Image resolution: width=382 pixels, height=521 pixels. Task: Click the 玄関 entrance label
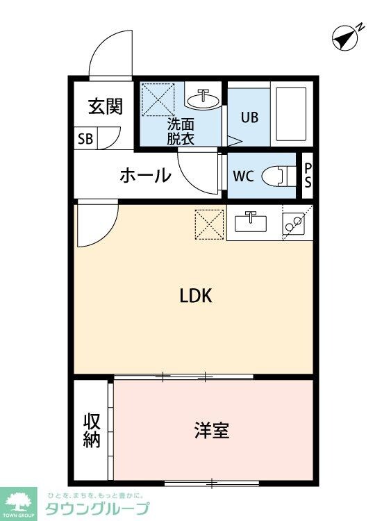[x=106, y=106]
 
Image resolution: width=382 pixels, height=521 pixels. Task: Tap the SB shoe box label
[x=85, y=138]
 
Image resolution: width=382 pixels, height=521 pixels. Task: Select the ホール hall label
[x=145, y=175]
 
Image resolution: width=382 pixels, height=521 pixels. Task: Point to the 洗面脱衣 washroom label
[x=180, y=131]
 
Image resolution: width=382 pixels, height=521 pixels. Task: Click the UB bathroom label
[x=249, y=117]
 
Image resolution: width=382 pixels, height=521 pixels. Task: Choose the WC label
[x=243, y=175]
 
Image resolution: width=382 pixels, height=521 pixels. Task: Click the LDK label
[x=195, y=296]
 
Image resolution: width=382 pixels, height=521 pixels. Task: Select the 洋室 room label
[x=211, y=430]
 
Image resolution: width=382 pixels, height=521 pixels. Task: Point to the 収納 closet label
[x=92, y=430]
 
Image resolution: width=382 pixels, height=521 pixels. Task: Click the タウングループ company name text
[x=97, y=508]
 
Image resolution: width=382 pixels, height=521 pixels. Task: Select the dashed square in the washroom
[x=158, y=99]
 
